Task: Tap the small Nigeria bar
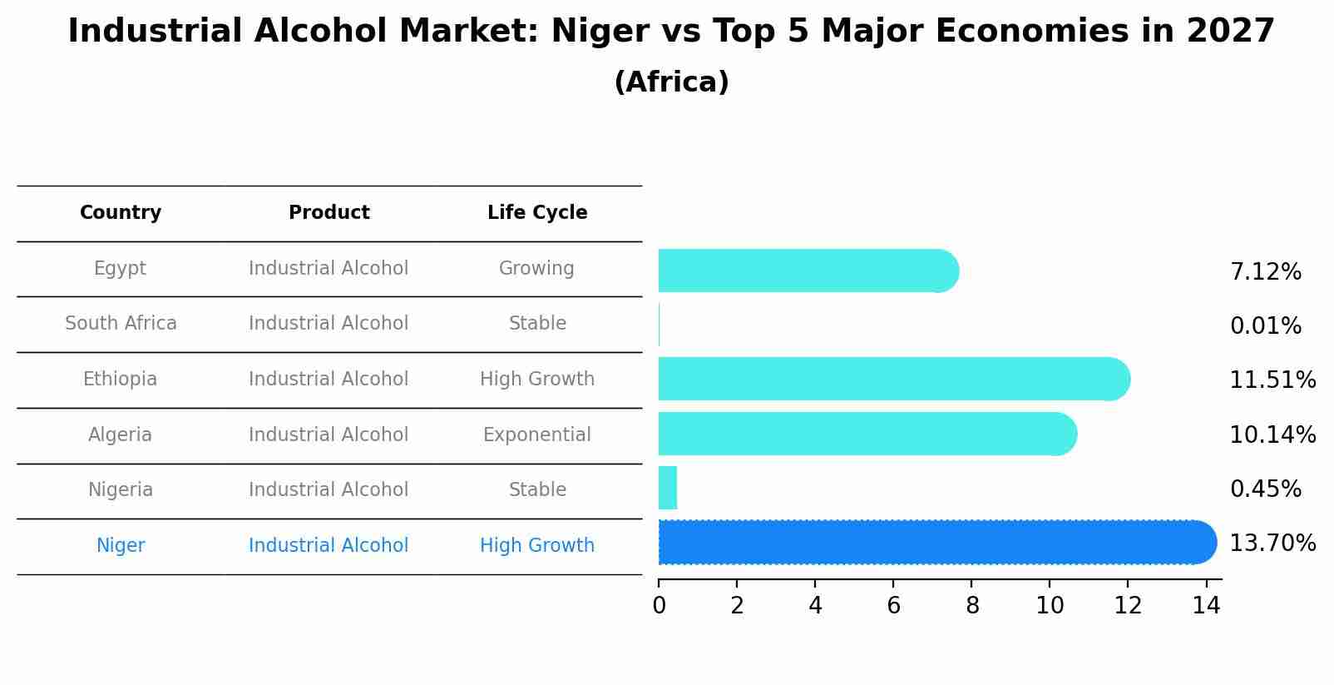[668, 488]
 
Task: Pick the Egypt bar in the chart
[807, 271]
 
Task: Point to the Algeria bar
[865, 434]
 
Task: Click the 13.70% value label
[1272, 544]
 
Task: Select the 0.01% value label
[1265, 326]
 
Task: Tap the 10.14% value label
[1272, 435]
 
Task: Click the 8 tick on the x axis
[971, 606]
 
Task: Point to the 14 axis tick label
[1206, 606]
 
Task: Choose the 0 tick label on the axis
[659, 606]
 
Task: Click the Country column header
[121, 213]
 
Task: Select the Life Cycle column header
[537, 213]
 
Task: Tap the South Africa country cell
[121, 324]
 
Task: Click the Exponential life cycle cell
[537, 435]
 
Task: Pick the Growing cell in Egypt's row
[536, 269]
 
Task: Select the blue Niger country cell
[121, 546]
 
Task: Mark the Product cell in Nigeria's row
[329, 490]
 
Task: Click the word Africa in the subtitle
[671, 82]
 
